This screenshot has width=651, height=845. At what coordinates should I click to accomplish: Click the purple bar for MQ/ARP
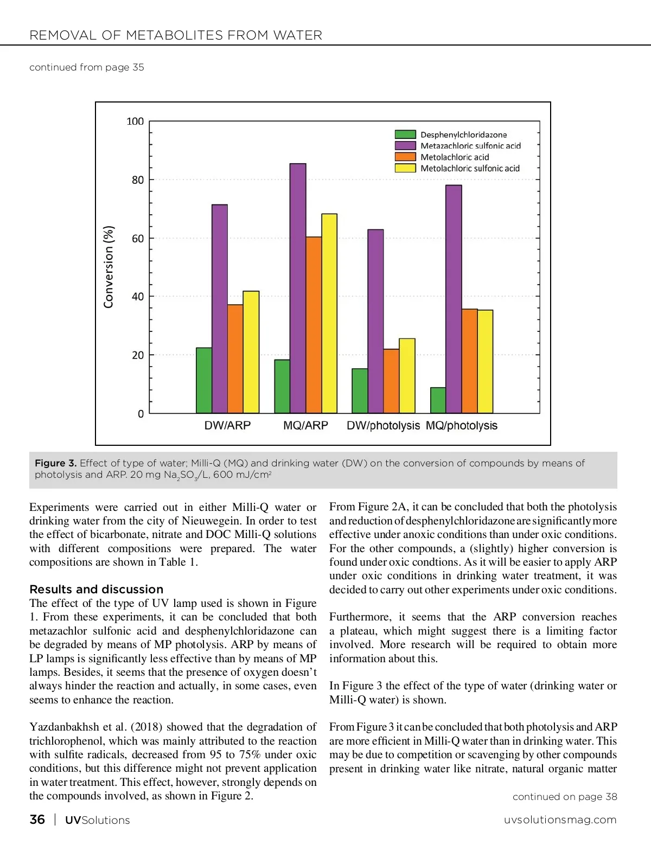pos(298,288)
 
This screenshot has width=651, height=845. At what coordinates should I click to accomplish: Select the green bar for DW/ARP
pos(204,380)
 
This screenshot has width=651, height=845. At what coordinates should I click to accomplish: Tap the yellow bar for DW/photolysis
pos(407,376)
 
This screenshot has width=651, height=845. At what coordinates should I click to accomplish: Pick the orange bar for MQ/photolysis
pos(469,361)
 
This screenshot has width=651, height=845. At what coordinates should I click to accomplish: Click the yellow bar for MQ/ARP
pos(329,313)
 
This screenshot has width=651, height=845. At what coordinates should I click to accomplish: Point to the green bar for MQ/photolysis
pos(438,400)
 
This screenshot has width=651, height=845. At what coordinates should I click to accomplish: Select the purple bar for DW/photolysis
pos(375,321)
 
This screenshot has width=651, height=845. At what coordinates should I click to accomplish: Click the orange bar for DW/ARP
pos(235,359)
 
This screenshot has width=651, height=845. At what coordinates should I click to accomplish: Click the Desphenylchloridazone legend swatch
pos(405,135)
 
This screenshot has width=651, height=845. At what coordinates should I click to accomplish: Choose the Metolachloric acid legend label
pos(455,157)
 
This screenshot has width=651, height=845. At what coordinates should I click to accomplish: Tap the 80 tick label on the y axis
pos(138,180)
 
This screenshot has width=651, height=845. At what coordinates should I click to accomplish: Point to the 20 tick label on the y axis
pos(138,355)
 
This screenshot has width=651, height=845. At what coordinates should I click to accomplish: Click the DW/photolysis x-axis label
pos(383,426)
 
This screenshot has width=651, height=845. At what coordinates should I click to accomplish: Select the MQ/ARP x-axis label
pos(305,426)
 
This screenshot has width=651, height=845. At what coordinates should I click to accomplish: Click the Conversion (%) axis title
pos(109,267)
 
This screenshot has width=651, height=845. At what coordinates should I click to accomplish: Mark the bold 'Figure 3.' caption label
pos(55,463)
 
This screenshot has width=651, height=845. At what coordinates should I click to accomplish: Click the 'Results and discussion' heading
pos(96,590)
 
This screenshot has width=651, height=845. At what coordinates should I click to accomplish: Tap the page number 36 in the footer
pos(37,820)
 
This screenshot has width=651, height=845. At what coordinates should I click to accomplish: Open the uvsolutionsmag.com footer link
pos(560,820)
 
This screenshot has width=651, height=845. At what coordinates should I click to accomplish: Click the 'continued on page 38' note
pos(565,797)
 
